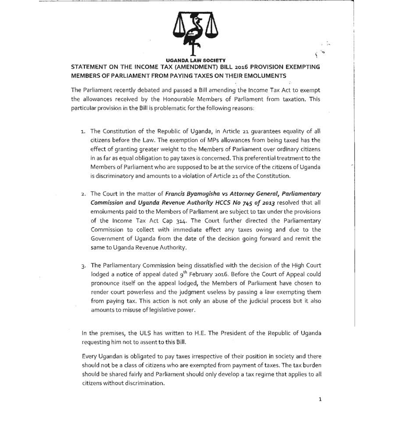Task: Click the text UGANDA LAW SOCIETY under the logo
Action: pyautogui.click(x=196, y=60)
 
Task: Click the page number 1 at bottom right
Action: pyautogui.click(x=320, y=399)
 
